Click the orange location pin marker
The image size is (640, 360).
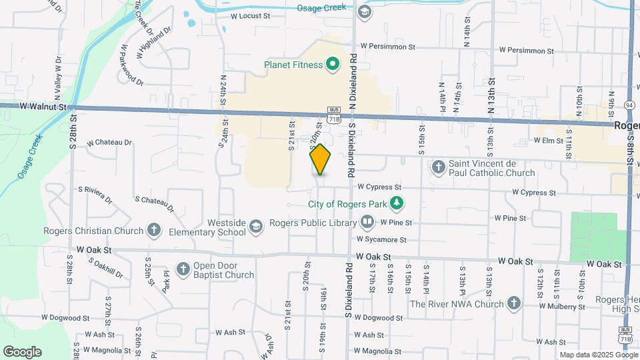[x=320, y=159]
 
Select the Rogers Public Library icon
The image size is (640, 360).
[x=367, y=222]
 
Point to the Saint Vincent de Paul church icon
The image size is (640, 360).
[x=439, y=166]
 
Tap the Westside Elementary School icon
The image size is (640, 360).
[x=255, y=227]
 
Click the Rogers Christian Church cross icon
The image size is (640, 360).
[x=154, y=231]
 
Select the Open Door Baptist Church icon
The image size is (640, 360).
[x=183, y=269]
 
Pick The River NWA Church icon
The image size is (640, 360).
[x=513, y=304]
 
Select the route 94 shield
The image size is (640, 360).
[x=629, y=105]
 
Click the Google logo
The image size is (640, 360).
[x=22, y=352]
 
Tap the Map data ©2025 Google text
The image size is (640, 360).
[x=597, y=355]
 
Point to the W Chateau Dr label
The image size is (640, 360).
[x=104, y=142]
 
